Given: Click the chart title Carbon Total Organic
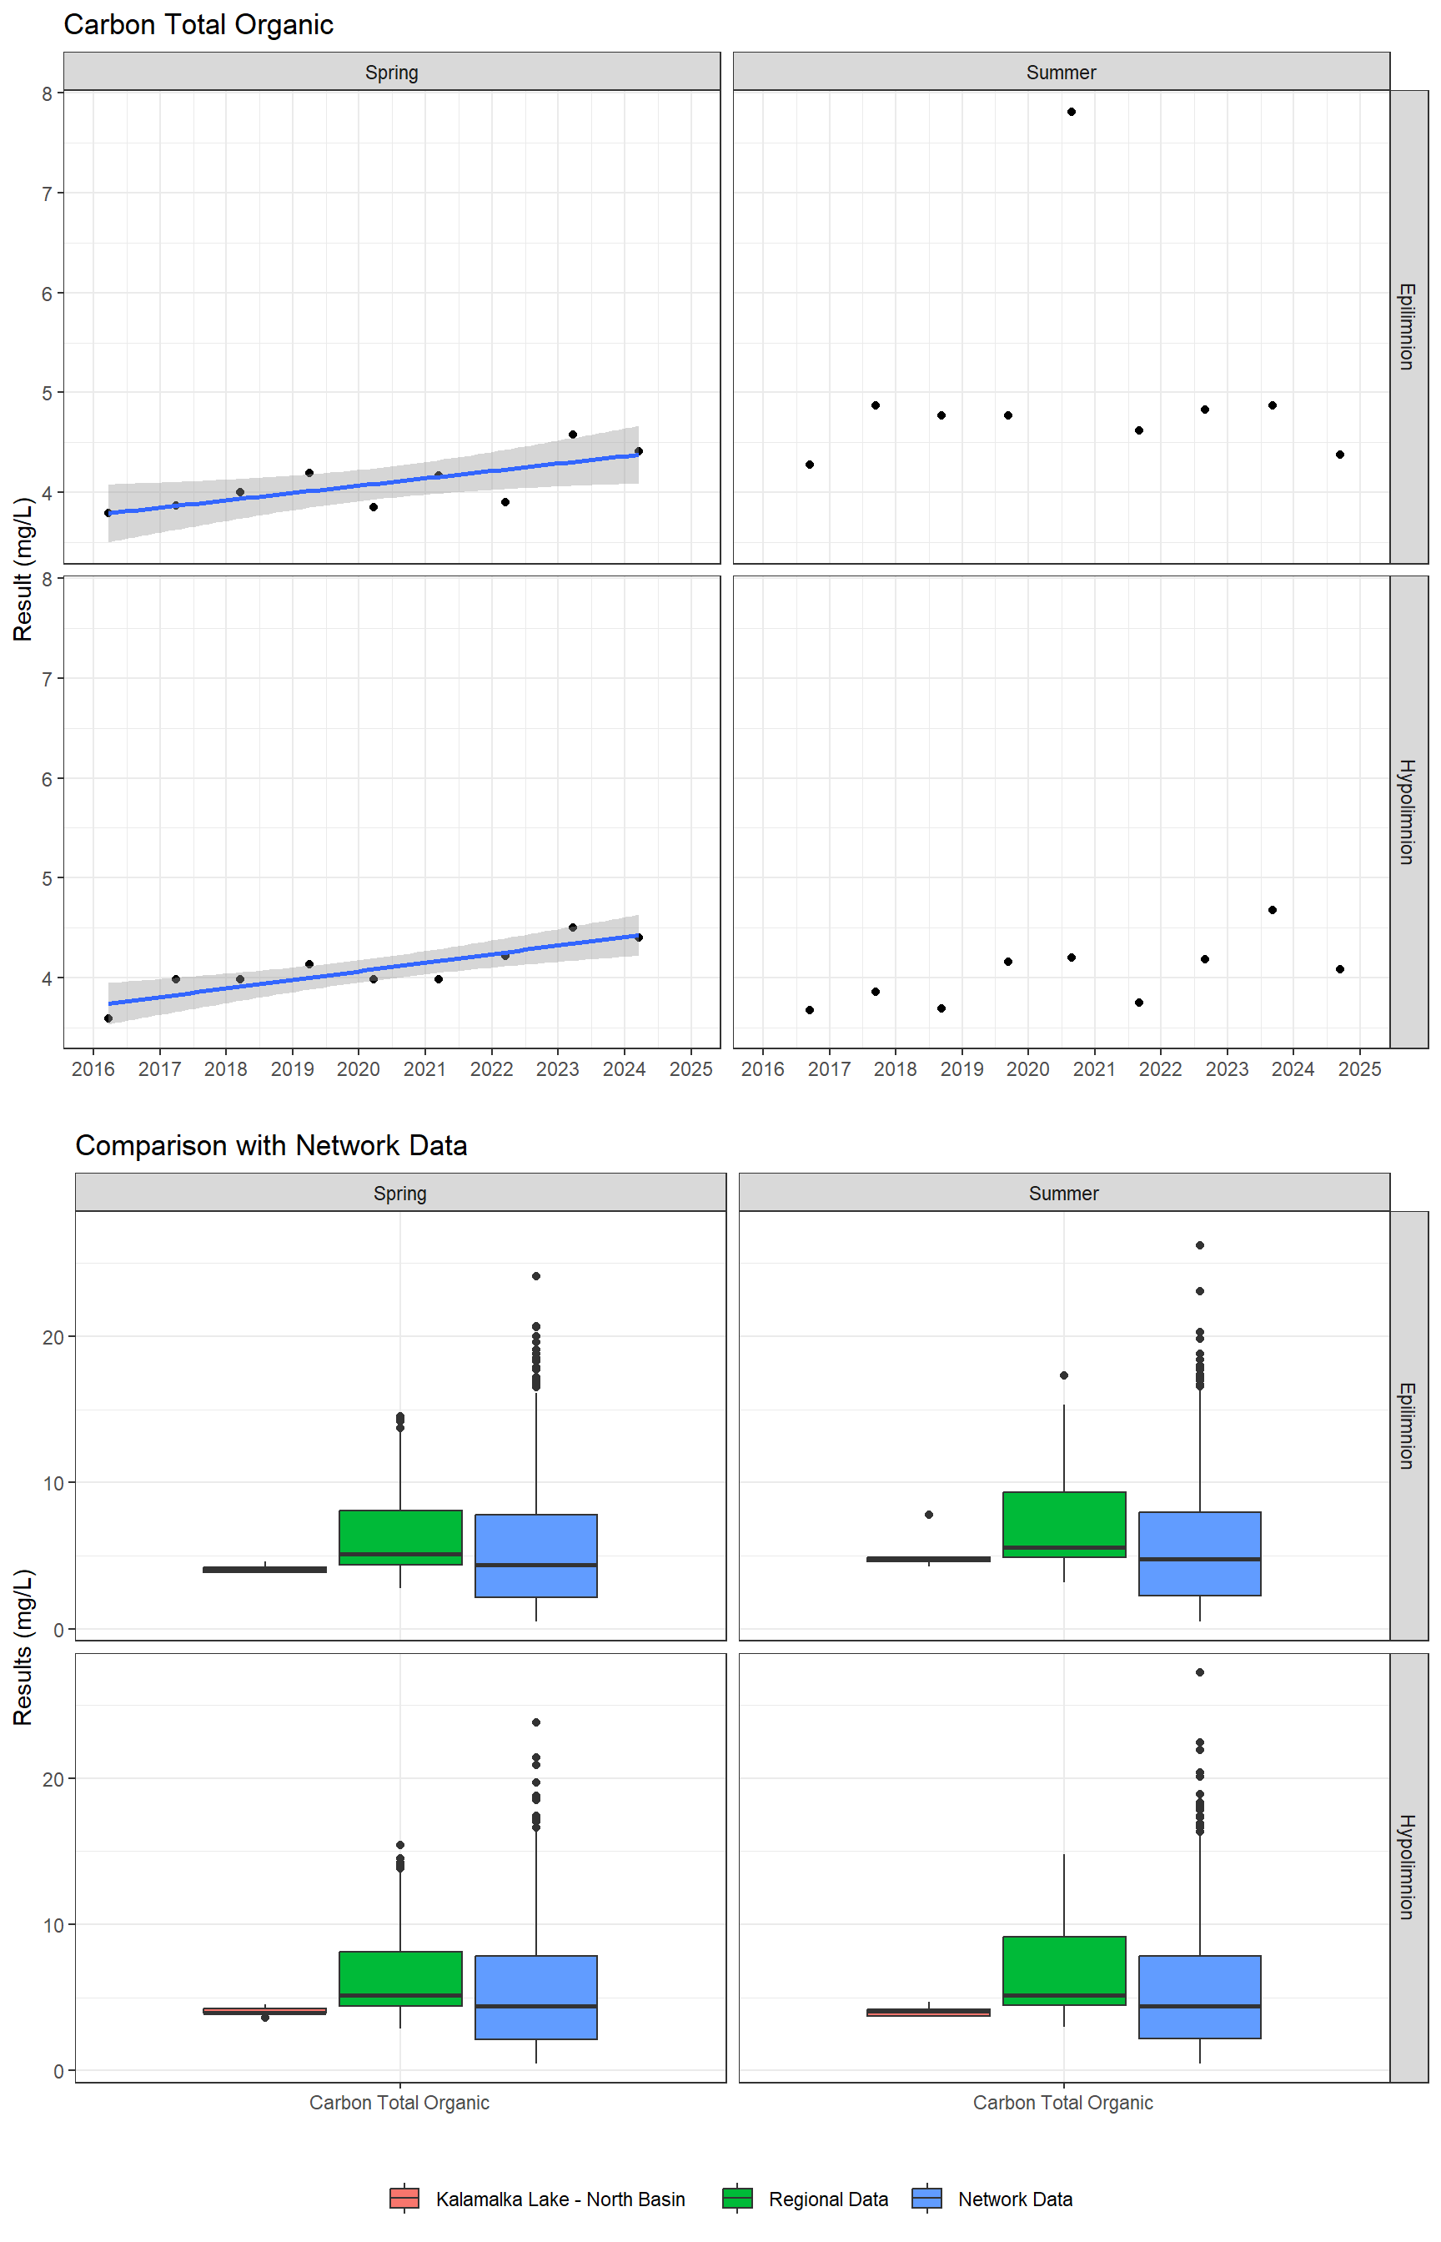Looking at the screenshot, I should pos(198,25).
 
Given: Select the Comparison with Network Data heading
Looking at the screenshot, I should pos(271,1145).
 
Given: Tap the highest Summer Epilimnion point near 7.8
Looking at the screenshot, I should pos(1072,113).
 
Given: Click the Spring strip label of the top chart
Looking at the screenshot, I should pos(391,72).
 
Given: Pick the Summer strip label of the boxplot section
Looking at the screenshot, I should pos(1063,1193).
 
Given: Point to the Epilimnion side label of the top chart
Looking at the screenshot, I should pos(1408,327).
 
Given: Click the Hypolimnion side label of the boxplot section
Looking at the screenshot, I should pos(1408,1867).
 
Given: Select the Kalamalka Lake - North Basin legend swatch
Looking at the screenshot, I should pos(404,2198).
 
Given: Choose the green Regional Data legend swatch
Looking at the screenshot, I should pos(737,2198).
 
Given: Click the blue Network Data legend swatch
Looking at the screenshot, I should pos(926,2198).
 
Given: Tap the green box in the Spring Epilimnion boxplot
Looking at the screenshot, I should pos(400,1537).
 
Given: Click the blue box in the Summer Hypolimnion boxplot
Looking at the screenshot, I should pos(1200,1996).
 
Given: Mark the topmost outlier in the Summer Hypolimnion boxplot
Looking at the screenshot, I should pos(1200,1672).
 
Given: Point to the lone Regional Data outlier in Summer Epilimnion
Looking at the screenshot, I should pos(1064,1375).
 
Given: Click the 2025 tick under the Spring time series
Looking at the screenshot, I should pos(690,1068).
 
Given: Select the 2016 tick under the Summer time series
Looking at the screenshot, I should pos(762,1068).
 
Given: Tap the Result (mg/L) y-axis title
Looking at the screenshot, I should pos(23,569).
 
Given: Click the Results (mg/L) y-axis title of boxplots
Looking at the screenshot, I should pos(23,1646).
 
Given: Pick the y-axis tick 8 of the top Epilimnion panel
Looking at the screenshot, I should pos(47,93).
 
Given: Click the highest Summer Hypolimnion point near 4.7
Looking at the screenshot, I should pos(1273,909).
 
